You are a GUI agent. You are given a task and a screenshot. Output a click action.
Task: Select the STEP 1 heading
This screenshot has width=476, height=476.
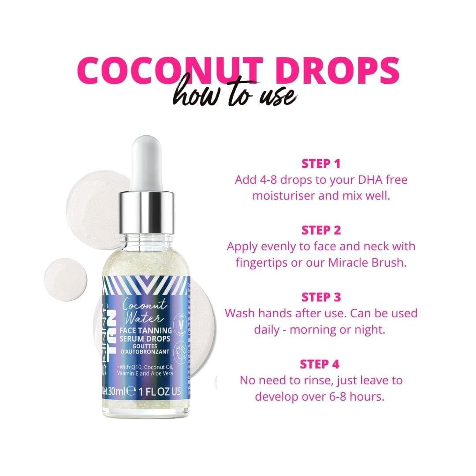[x=321, y=164]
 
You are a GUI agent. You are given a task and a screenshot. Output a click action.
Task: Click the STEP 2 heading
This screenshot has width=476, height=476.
[x=321, y=230]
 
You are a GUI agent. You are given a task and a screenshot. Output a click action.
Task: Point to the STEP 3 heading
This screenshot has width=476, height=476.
[x=321, y=297]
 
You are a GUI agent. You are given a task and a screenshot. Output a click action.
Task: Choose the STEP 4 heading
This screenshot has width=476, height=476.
[x=321, y=364]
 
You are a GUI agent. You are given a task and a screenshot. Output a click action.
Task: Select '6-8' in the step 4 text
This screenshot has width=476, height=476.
[x=326, y=396]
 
